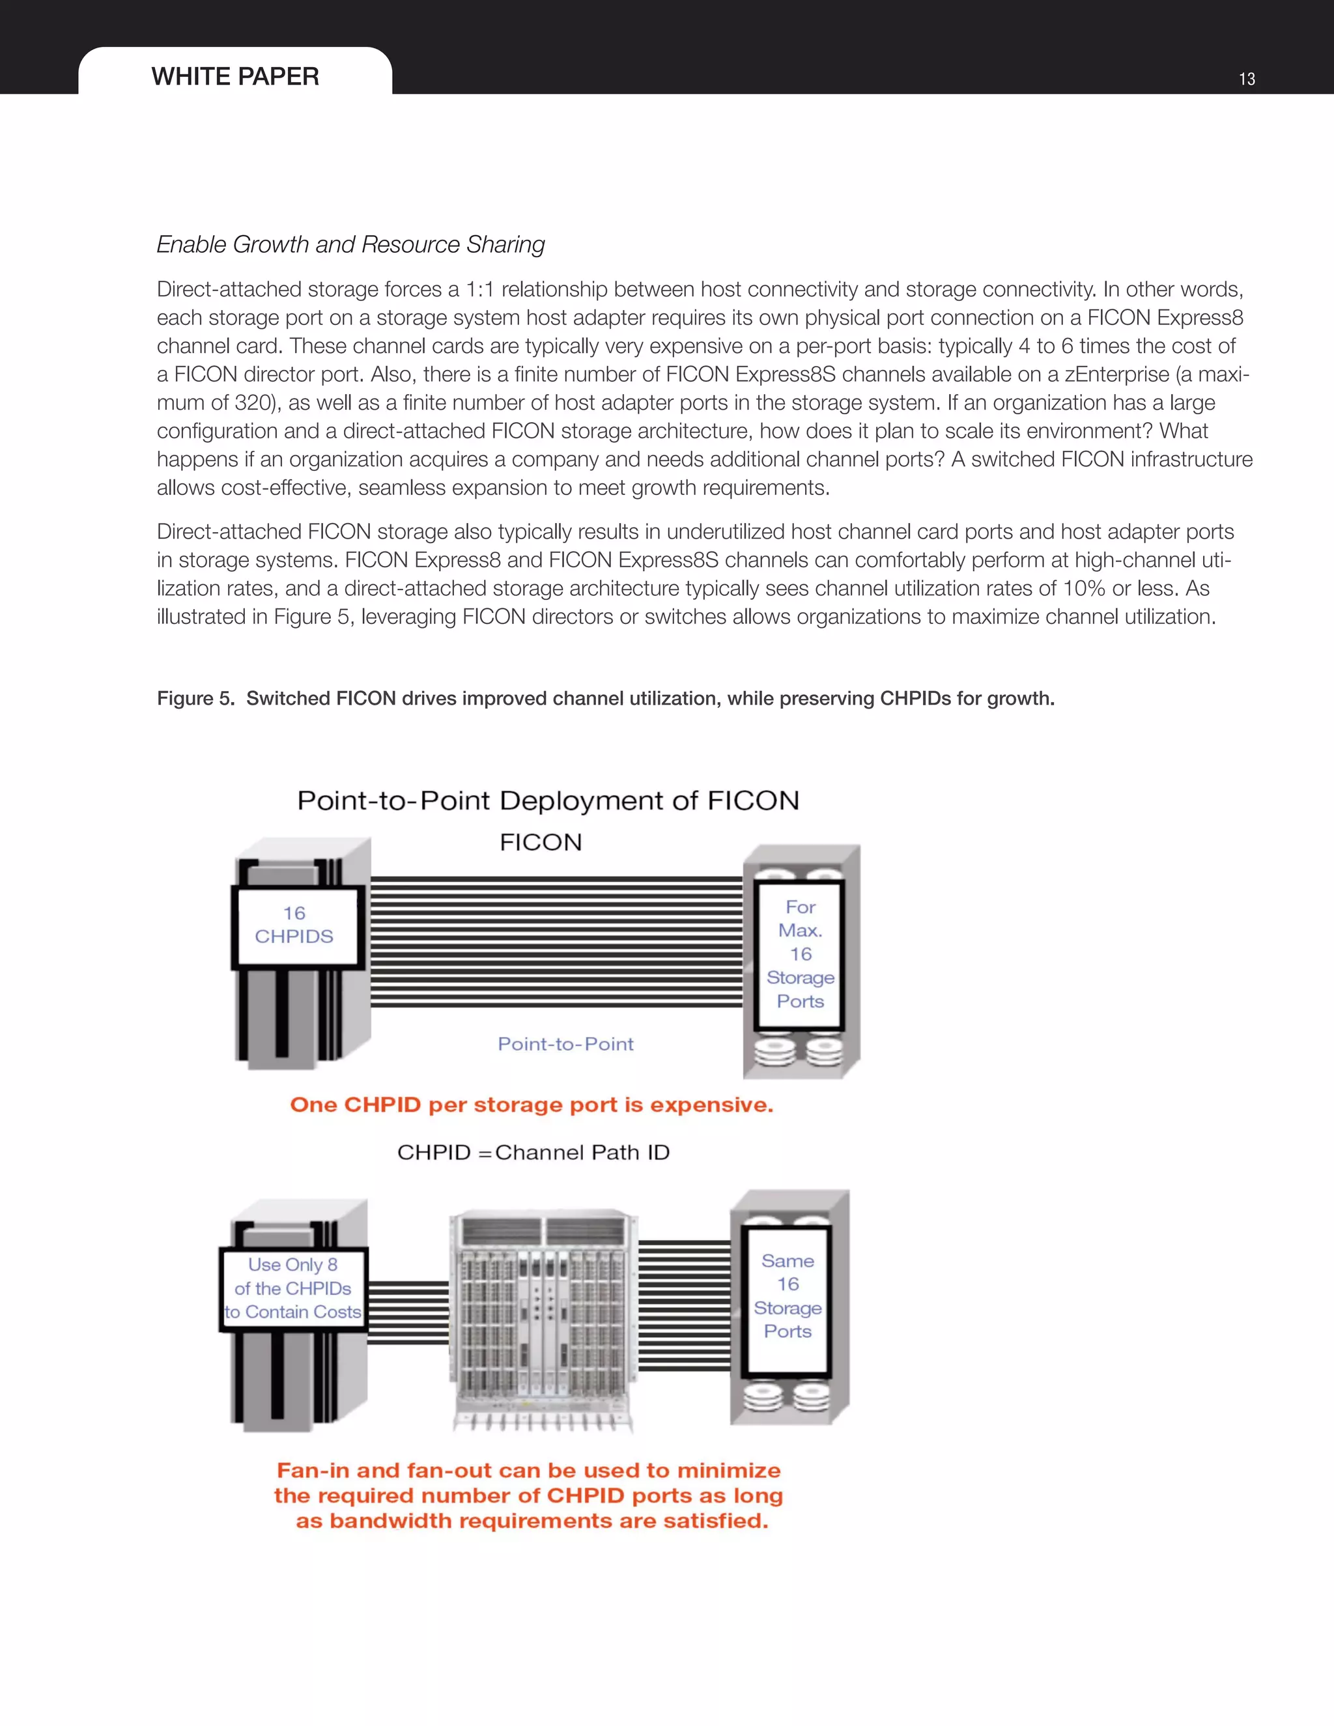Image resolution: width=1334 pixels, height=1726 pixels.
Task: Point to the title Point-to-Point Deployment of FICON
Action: pos(548,800)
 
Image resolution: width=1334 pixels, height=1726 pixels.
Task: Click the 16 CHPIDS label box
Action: pos(294,925)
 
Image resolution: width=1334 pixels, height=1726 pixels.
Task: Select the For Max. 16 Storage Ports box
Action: pos(800,954)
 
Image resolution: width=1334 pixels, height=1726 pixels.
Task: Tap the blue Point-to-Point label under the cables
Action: pos(565,1044)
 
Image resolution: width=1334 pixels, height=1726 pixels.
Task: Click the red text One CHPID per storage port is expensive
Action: pos(531,1105)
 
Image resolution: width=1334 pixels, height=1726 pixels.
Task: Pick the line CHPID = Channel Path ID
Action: pos(533,1152)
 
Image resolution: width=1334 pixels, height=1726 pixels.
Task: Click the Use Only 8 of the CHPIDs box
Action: pos(293,1288)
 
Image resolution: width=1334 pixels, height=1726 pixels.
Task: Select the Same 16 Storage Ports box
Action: pos(787,1296)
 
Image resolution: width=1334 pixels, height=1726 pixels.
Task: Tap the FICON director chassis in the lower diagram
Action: pos(544,1320)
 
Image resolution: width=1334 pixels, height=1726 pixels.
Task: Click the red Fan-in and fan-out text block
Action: pos(529,1495)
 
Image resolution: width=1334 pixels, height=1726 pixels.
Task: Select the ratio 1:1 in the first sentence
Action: pos(479,289)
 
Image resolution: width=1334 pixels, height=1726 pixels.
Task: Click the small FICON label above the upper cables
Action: pos(541,842)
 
